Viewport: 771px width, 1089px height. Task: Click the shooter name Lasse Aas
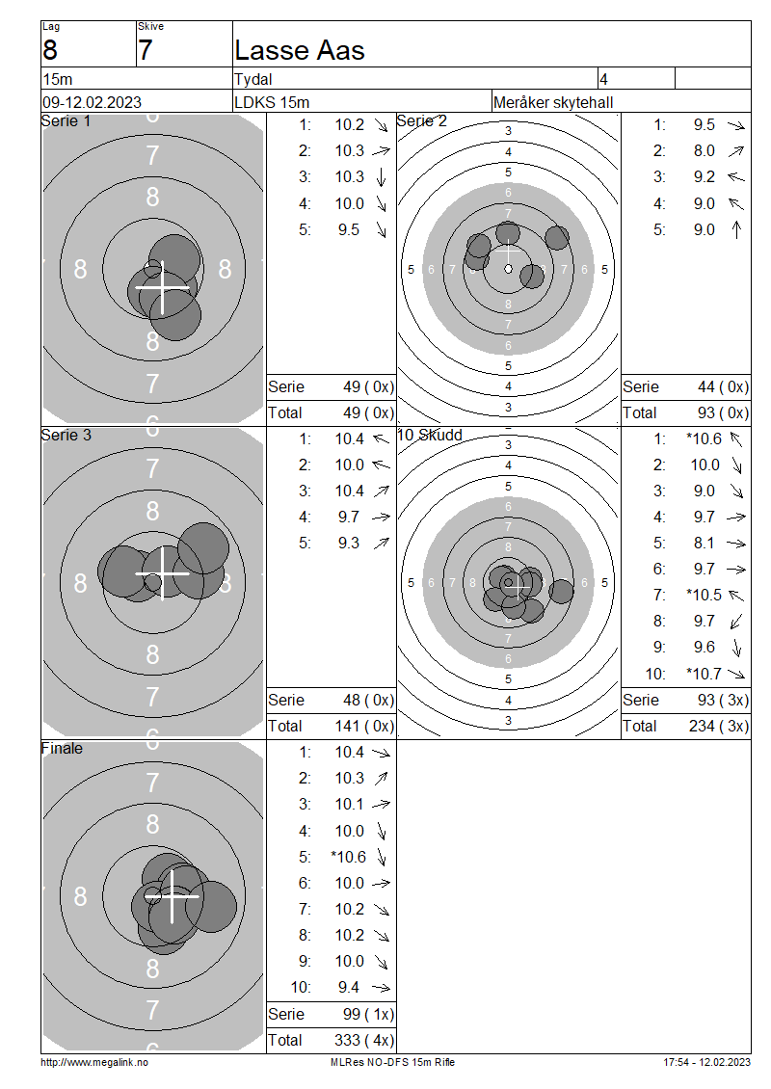[x=300, y=50]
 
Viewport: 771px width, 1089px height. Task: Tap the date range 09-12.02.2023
[x=92, y=102]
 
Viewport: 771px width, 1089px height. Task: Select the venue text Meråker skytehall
[x=553, y=102]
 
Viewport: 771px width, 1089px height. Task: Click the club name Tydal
[x=253, y=79]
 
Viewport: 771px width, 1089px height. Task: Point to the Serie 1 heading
[x=66, y=120]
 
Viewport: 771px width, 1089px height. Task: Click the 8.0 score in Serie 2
[x=704, y=150]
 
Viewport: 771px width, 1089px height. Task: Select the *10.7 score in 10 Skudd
[x=704, y=673]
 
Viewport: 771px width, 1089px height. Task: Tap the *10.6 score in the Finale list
[x=349, y=857]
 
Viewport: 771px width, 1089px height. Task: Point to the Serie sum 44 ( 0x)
[x=723, y=386]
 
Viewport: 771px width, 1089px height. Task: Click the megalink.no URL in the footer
[x=94, y=1062]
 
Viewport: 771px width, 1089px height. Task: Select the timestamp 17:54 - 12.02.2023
[x=706, y=1062]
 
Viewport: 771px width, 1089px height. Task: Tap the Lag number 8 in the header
[x=50, y=50]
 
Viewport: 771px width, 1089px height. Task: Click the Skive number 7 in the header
[x=145, y=50]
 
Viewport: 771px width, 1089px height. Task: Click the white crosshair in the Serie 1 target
[x=162, y=287]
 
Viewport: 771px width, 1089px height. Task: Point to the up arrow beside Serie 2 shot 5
[x=736, y=229]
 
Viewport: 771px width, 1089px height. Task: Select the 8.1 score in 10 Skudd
[x=704, y=544]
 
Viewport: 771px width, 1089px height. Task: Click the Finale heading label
[x=62, y=748]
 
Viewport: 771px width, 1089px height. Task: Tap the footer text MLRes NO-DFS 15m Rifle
[x=392, y=1062]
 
